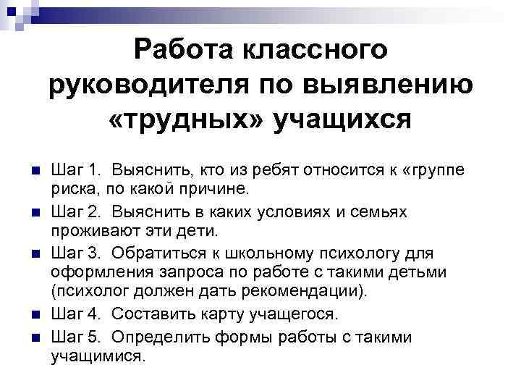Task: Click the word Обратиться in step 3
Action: click(x=155, y=253)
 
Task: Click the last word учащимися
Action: click(x=98, y=357)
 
